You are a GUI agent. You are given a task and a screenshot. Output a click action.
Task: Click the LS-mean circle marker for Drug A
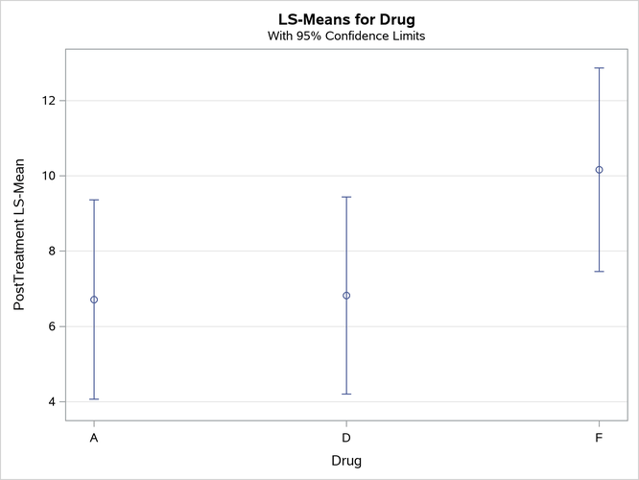tap(94, 300)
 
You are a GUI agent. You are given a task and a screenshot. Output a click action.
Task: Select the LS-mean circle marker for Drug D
tap(346, 296)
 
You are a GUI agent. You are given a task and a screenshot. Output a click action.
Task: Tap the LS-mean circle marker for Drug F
tap(599, 170)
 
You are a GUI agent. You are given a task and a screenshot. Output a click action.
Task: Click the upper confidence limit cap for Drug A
tap(94, 200)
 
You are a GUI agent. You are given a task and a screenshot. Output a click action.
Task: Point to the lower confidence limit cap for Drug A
tap(94, 399)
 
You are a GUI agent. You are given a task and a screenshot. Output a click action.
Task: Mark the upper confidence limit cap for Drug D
tap(346, 197)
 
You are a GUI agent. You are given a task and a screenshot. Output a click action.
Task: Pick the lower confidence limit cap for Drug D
tap(346, 394)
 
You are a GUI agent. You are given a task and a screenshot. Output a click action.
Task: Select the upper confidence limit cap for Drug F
tap(599, 68)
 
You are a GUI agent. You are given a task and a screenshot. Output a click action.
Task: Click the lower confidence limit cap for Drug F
tap(599, 272)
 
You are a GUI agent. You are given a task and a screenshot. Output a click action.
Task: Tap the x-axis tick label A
tap(94, 438)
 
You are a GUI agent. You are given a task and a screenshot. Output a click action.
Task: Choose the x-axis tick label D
tap(346, 438)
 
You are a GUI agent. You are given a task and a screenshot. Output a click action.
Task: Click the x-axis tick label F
tap(599, 438)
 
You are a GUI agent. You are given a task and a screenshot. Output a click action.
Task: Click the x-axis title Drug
tap(346, 461)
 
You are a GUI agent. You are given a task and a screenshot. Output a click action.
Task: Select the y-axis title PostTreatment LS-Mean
tap(20, 234)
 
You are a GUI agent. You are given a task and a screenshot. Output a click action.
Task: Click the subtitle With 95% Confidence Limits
tap(346, 36)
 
